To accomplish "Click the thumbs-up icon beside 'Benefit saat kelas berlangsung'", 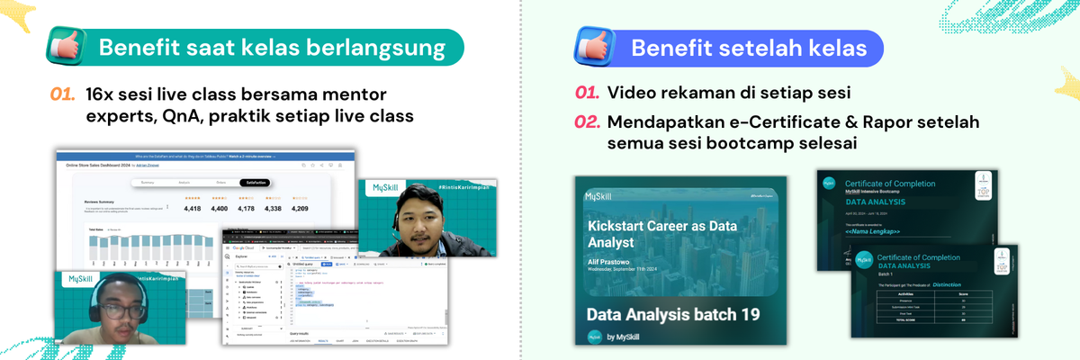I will [x=70, y=48].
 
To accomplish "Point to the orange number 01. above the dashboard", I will [x=63, y=94].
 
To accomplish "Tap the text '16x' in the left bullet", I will [x=100, y=94].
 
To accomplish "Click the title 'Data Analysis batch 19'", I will [x=673, y=315].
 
